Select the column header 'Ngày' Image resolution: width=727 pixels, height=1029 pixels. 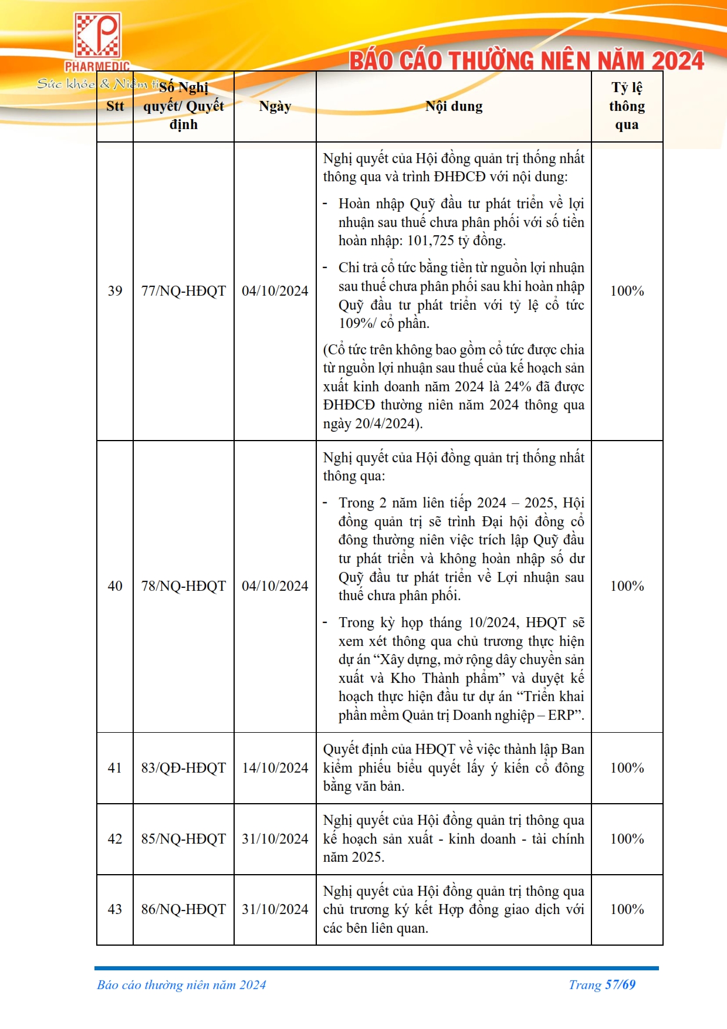coord(275,107)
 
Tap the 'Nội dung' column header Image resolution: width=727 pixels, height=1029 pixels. coord(454,107)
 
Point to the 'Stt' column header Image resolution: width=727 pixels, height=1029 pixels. coord(115,107)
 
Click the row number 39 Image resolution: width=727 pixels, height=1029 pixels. coord(115,291)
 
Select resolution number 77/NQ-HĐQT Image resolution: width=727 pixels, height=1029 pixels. coord(183,291)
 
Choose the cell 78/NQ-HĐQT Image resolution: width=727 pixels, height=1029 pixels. coord(183,586)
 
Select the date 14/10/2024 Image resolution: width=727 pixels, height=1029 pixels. coord(275,768)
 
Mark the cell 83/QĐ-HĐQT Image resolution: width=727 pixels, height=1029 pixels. coord(183,768)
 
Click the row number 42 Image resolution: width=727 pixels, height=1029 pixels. coord(115,839)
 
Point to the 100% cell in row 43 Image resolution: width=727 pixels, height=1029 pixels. coord(627,909)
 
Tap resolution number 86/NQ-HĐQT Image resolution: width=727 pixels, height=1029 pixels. coord(183,909)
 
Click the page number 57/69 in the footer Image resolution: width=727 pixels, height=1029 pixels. coord(620,985)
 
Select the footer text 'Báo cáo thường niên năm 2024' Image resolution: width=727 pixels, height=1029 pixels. coord(181,985)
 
